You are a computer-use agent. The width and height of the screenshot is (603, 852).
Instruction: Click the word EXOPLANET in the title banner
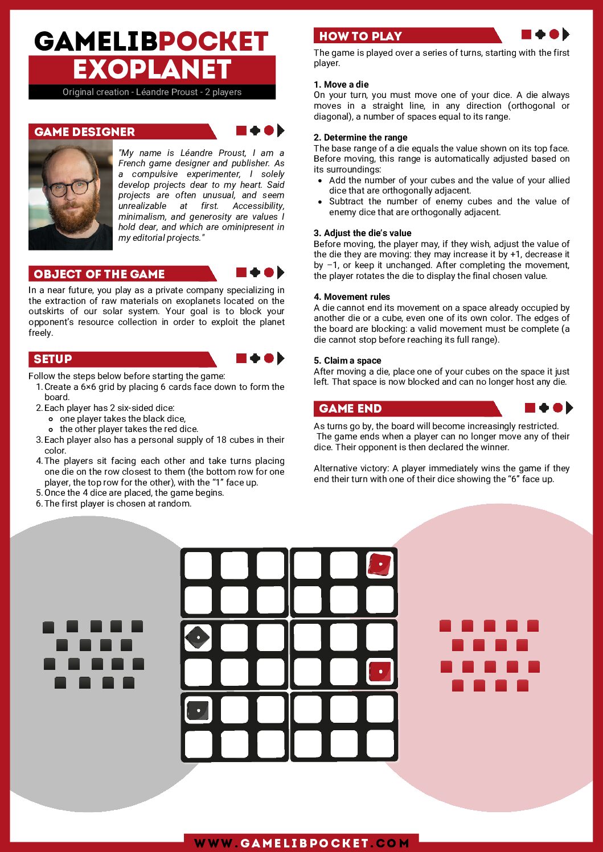pos(151,69)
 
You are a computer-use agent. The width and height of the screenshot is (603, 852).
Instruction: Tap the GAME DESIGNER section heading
pos(84,131)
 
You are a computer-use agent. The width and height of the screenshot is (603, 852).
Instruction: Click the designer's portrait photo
pos(71,195)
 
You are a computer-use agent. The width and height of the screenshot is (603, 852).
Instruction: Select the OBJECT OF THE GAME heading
pos(99,274)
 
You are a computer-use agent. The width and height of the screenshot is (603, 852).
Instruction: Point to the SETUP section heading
pos(53,359)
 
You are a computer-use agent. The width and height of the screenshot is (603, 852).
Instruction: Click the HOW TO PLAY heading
pos(360,36)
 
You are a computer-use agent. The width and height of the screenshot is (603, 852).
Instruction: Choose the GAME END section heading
pos(350,409)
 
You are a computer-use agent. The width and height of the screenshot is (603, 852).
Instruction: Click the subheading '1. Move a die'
pos(341,84)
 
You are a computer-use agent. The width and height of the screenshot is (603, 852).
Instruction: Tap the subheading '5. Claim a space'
pos(347,360)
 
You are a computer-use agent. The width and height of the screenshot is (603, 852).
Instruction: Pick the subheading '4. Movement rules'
pos(352,297)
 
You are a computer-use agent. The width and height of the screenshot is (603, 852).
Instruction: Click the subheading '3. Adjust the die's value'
pos(362,233)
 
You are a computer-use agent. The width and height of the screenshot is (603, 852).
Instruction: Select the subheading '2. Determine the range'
pos(360,137)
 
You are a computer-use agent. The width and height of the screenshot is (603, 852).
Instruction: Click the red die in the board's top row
pos(380,565)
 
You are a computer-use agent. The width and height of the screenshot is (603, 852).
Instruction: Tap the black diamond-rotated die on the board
pos(198,637)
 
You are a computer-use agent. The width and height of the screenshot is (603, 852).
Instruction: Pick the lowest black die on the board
pos(198,710)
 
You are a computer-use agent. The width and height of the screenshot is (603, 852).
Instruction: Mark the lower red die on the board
pos(380,672)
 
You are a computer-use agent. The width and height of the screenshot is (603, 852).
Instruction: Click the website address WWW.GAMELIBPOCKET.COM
pos(302,843)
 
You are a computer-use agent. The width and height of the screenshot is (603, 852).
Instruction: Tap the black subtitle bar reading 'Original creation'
pos(151,92)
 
